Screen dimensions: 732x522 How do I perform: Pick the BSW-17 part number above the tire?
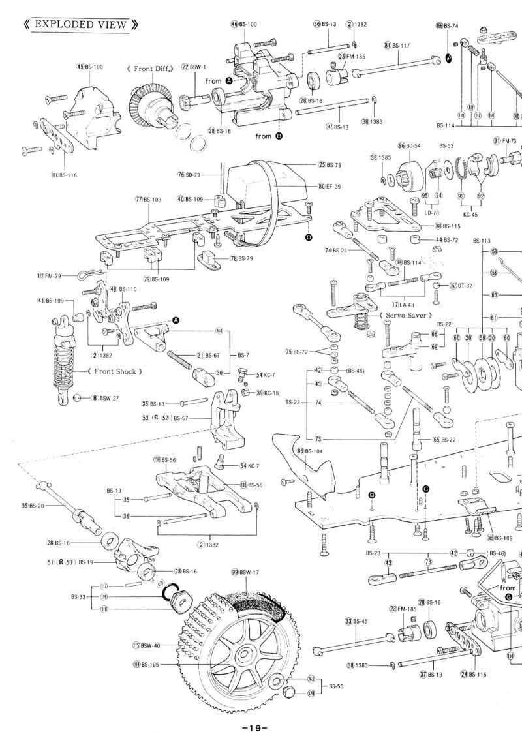tap(249, 572)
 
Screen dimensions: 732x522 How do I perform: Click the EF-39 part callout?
tap(333, 187)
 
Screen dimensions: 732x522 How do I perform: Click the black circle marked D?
tap(308, 237)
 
